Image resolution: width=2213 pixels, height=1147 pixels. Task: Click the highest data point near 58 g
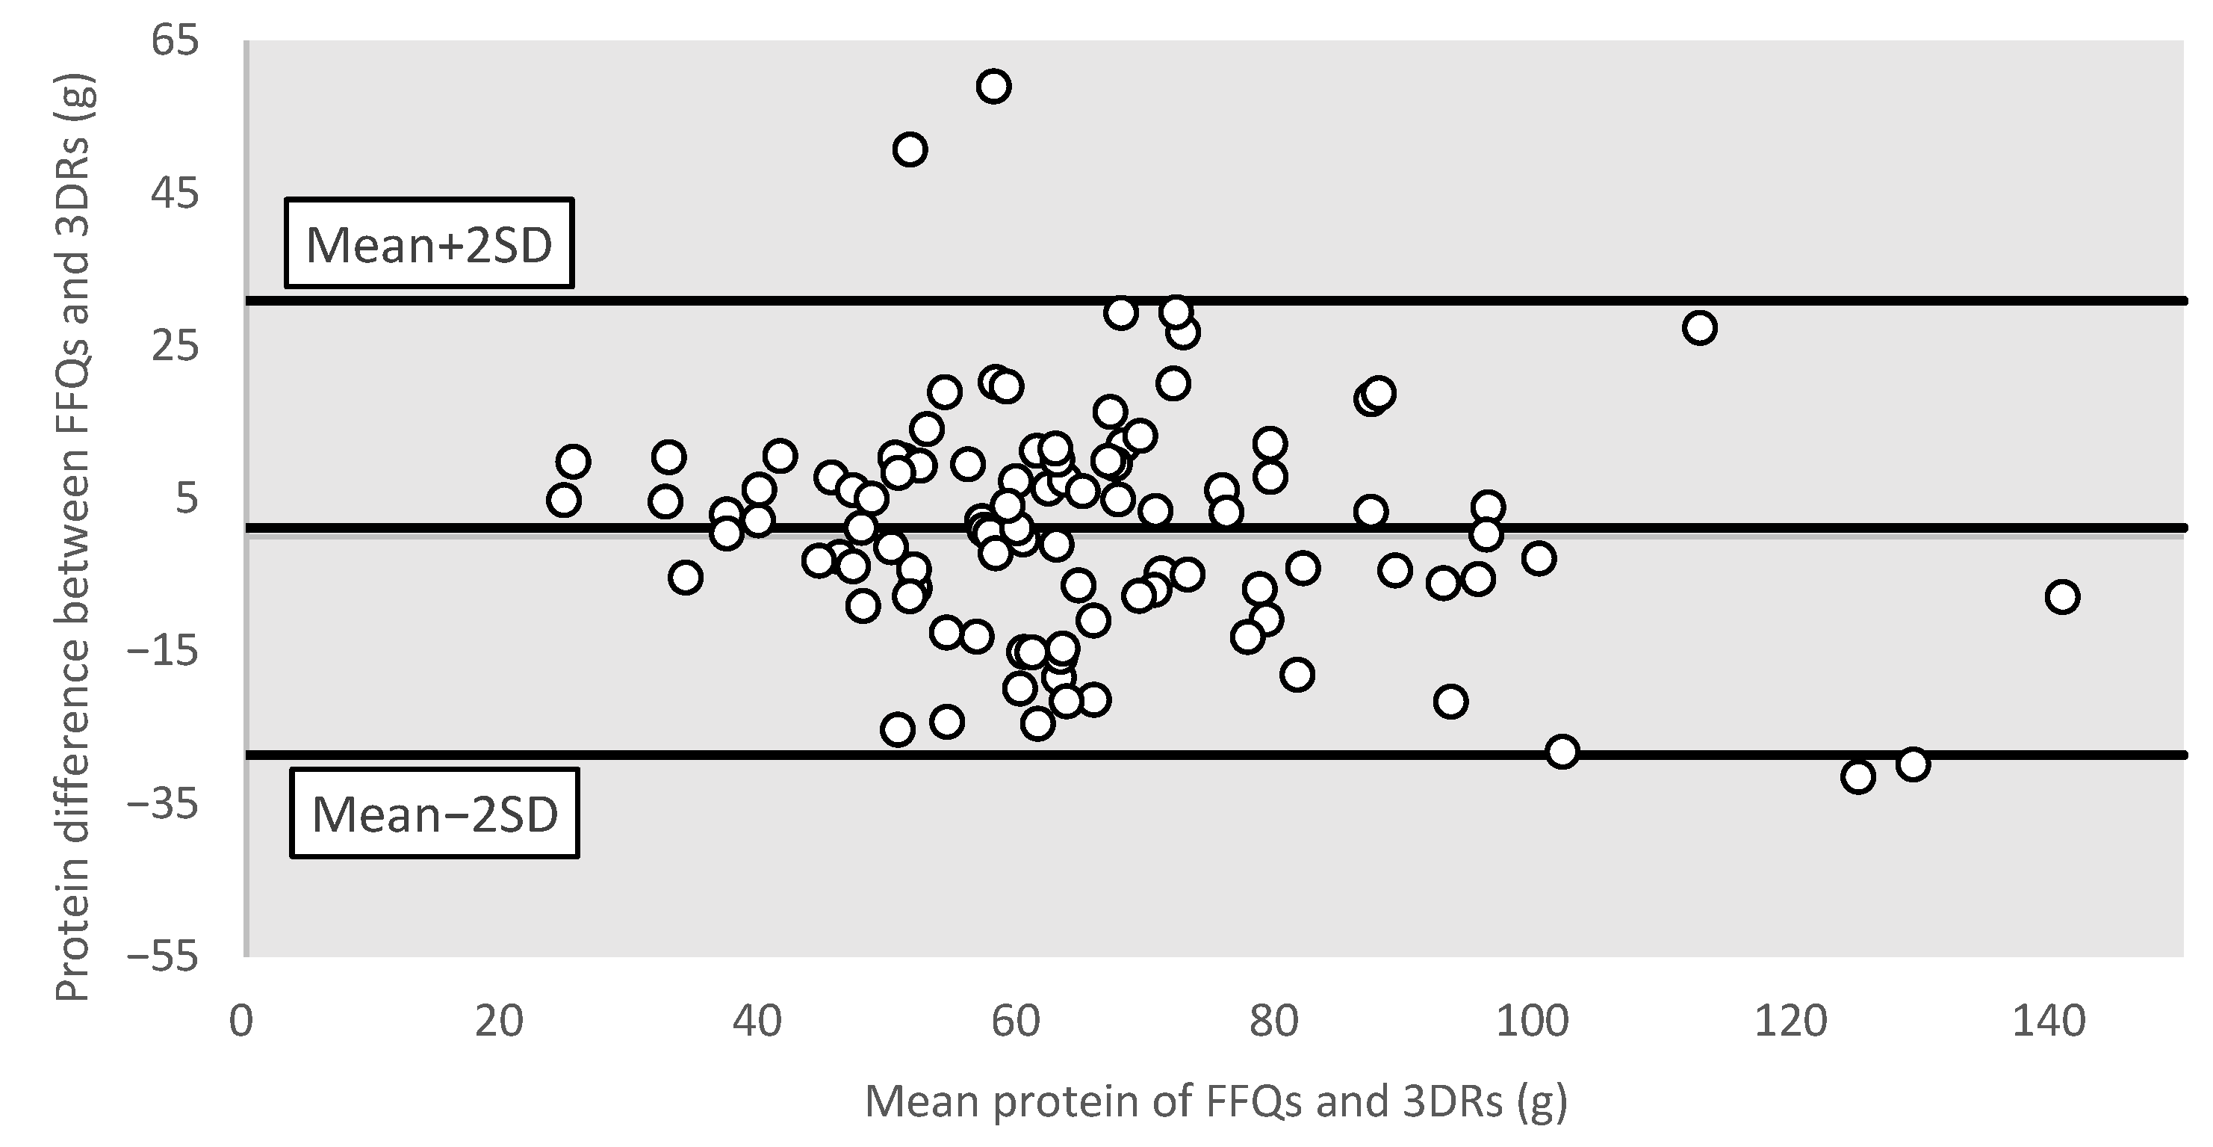pyautogui.click(x=993, y=86)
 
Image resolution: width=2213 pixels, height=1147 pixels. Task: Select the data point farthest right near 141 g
pyautogui.click(x=2062, y=596)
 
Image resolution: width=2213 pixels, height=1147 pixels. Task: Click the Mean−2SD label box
pyautogui.click(x=435, y=813)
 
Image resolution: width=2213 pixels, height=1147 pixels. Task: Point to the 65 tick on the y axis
pyautogui.click(x=176, y=40)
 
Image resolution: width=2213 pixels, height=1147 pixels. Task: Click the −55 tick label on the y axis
pyautogui.click(x=164, y=957)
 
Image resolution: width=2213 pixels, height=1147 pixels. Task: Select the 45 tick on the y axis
pyautogui.click(x=176, y=194)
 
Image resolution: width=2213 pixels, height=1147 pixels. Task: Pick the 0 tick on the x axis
pyautogui.click(x=241, y=1021)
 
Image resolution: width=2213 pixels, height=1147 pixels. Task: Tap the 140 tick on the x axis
pyautogui.click(x=2049, y=1021)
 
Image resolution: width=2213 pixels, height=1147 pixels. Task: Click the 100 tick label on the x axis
pyautogui.click(x=1533, y=1021)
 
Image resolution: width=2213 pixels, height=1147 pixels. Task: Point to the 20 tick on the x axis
pyautogui.click(x=499, y=1021)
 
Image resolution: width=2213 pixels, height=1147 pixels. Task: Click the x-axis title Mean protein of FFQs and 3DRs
pyautogui.click(x=1216, y=1101)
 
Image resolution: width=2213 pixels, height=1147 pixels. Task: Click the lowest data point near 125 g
pyautogui.click(x=1857, y=776)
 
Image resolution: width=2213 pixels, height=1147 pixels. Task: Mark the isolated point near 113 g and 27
pyautogui.click(x=1699, y=327)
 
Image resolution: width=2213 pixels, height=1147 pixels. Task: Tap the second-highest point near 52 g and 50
pyautogui.click(x=910, y=149)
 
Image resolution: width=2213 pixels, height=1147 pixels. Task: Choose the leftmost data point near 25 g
pyautogui.click(x=564, y=500)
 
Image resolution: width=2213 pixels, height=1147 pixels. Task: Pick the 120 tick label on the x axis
pyautogui.click(x=1790, y=1021)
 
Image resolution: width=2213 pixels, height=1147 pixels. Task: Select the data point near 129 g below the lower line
pyautogui.click(x=1912, y=764)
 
